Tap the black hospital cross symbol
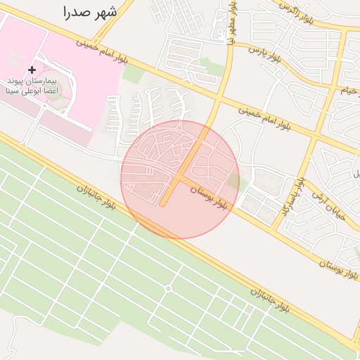[x=32, y=70]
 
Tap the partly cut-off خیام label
[x=351, y=91]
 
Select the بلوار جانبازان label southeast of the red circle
[x=269, y=300]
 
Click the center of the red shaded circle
[x=180, y=179]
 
